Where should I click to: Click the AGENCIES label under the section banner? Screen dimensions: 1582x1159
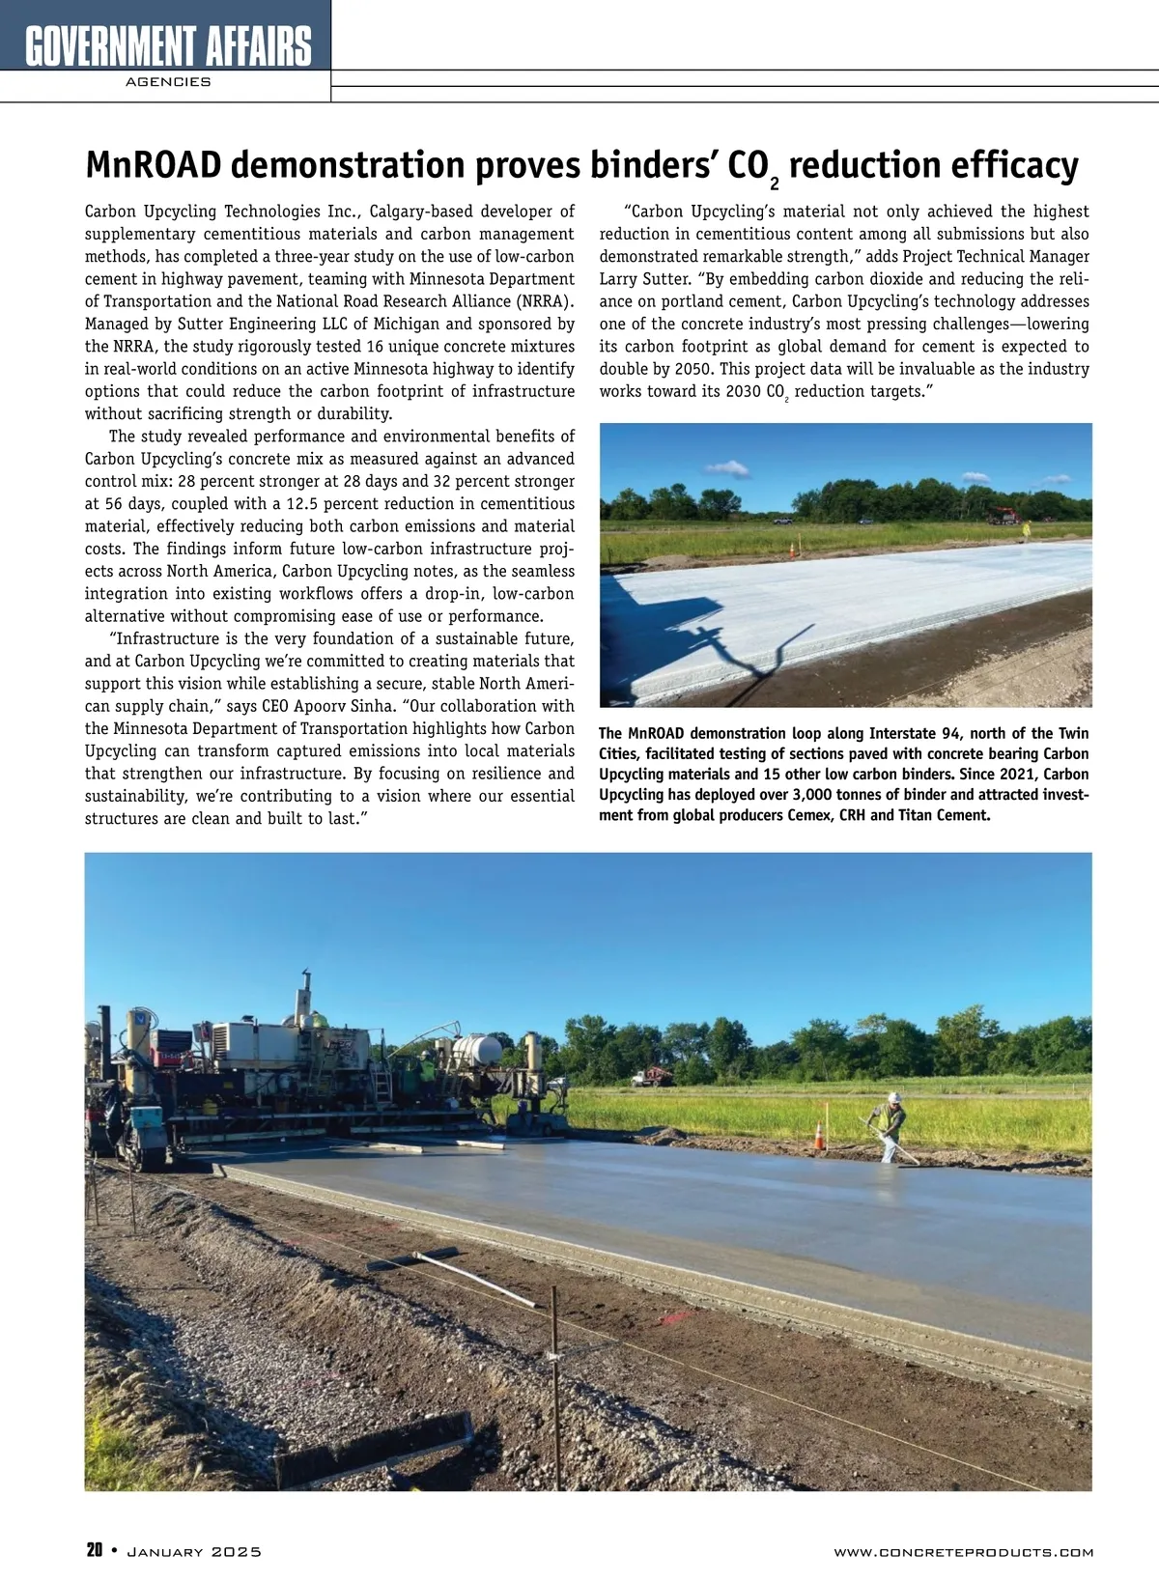[168, 82]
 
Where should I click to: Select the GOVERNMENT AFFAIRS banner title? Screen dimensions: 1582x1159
[168, 44]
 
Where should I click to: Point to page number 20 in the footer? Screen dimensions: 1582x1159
[94, 1551]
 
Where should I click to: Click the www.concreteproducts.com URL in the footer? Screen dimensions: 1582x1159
[963, 1552]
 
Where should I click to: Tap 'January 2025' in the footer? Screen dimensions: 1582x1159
[194, 1552]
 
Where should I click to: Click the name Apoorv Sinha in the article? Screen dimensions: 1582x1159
[343, 706]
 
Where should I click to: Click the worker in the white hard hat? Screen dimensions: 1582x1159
[892, 1126]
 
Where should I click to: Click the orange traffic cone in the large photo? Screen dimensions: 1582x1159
[820, 1135]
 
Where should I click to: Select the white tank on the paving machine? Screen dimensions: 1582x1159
[477, 1048]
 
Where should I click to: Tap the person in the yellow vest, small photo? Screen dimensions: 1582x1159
[1027, 530]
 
